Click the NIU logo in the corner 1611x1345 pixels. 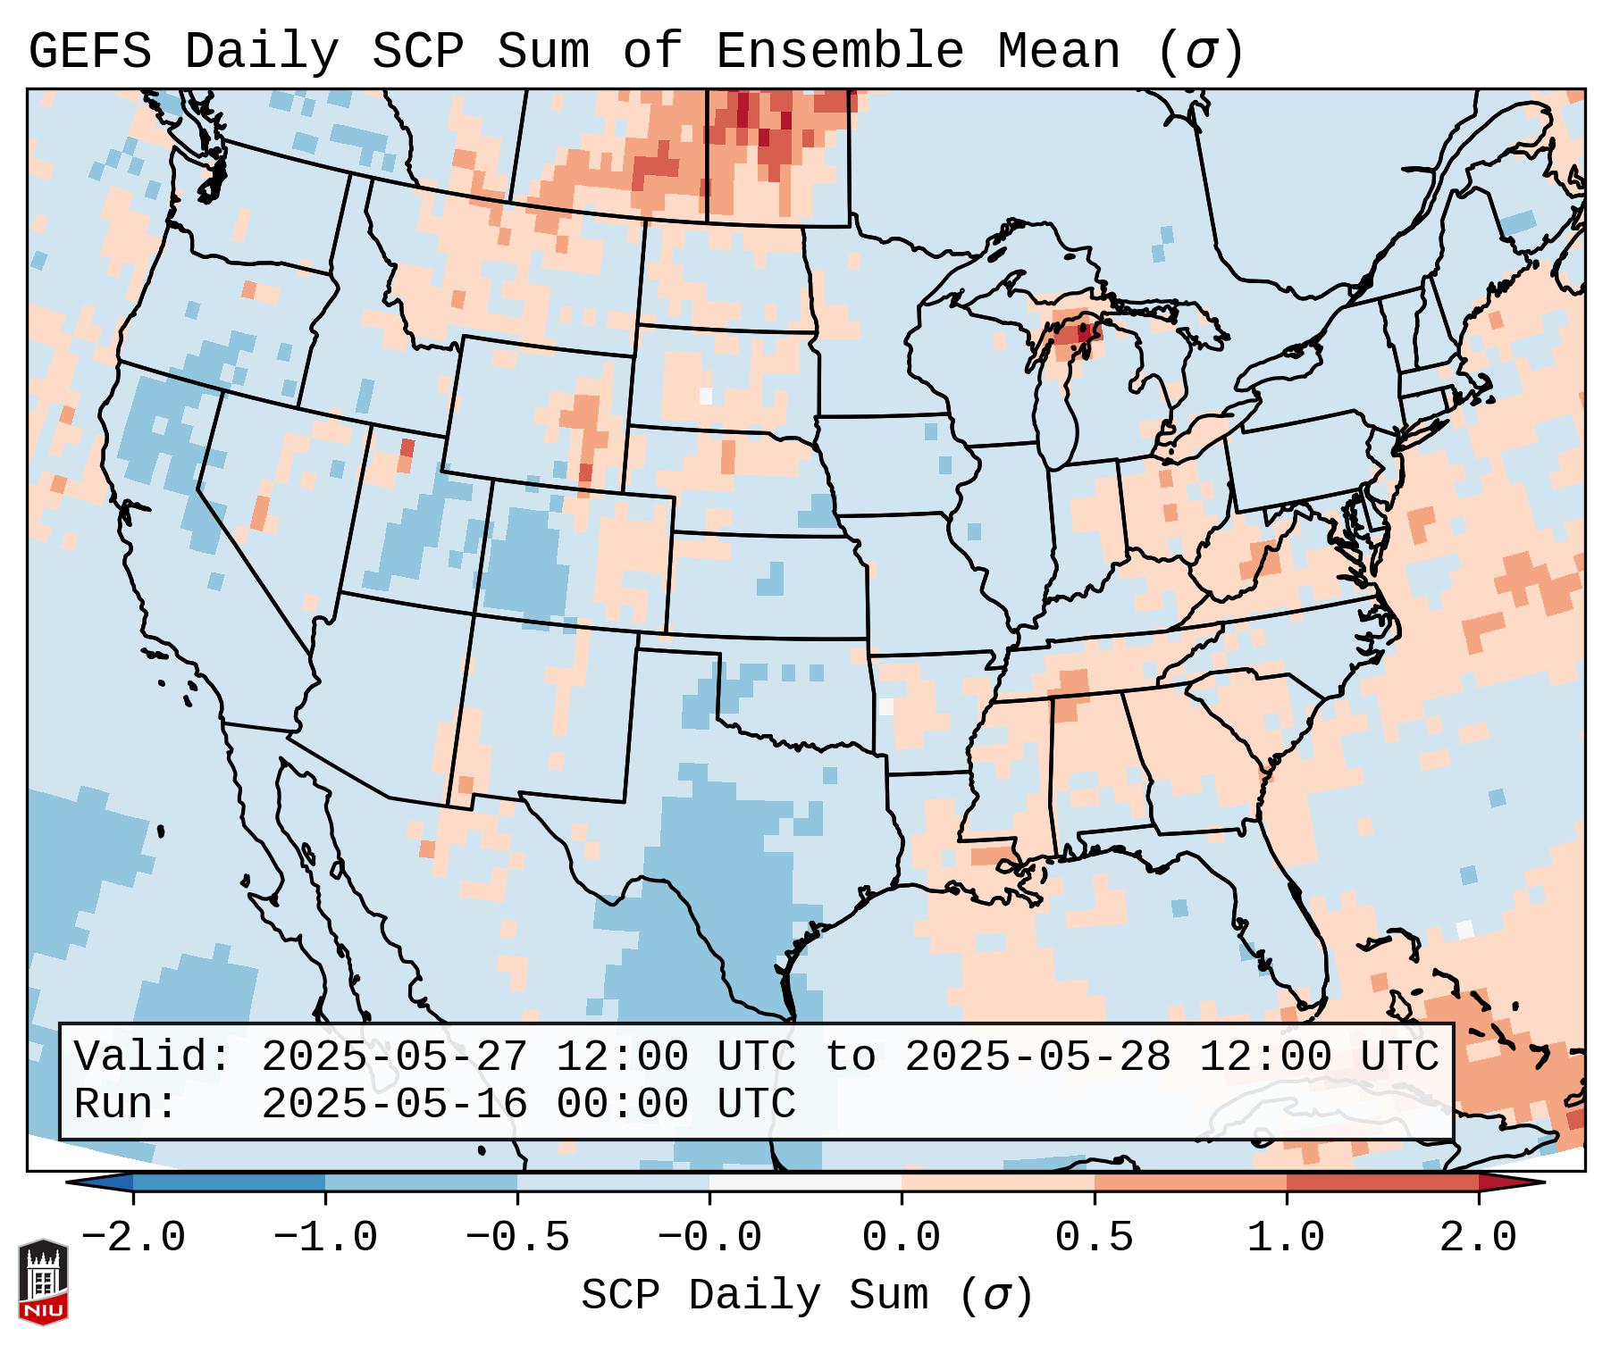(x=43, y=1282)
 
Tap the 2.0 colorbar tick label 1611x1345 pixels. (x=1478, y=1238)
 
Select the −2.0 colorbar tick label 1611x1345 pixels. (x=133, y=1238)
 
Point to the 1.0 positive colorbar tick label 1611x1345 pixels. (x=1286, y=1238)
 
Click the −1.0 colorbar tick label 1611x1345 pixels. (x=325, y=1238)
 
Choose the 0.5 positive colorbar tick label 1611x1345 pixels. (x=1094, y=1238)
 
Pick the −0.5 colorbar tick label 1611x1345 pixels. (x=517, y=1238)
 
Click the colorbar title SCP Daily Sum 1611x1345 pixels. (x=807, y=1295)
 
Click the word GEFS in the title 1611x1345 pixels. (x=90, y=51)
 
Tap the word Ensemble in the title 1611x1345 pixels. (x=840, y=51)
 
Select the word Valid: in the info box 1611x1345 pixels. (x=153, y=1057)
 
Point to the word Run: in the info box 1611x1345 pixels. (x=126, y=1104)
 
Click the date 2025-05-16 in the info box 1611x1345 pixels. (x=394, y=1104)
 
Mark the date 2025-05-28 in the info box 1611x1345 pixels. (x=1037, y=1057)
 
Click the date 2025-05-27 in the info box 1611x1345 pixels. (x=394, y=1057)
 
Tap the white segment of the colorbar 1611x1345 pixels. (x=805, y=1182)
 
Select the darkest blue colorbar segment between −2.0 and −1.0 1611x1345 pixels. (x=229, y=1182)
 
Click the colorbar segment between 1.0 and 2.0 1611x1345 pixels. (x=1381, y=1182)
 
